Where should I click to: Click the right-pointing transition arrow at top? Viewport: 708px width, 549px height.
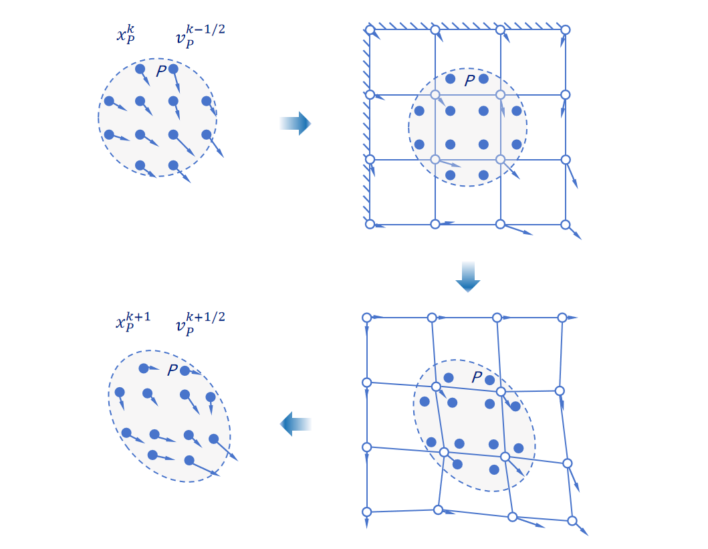(295, 123)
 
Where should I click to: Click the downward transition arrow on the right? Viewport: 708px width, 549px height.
(468, 277)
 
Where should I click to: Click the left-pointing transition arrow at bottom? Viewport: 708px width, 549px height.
(295, 423)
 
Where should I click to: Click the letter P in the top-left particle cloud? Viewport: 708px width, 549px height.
(161, 70)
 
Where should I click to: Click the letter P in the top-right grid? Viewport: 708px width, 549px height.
(470, 80)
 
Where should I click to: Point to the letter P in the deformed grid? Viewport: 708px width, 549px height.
(477, 377)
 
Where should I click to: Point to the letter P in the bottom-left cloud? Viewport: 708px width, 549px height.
(172, 369)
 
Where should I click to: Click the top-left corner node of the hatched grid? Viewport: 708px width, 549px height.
(370, 30)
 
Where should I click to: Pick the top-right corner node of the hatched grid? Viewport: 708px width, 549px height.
(565, 30)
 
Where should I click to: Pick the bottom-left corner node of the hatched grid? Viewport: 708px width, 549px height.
(370, 224)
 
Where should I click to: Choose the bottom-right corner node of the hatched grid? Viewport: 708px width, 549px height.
(565, 224)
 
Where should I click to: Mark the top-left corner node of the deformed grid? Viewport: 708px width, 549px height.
(366, 317)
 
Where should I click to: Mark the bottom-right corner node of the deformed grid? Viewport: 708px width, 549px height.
(572, 520)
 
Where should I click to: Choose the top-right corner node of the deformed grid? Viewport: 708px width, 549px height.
(562, 317)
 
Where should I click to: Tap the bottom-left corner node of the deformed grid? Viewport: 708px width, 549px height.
(366, 512)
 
